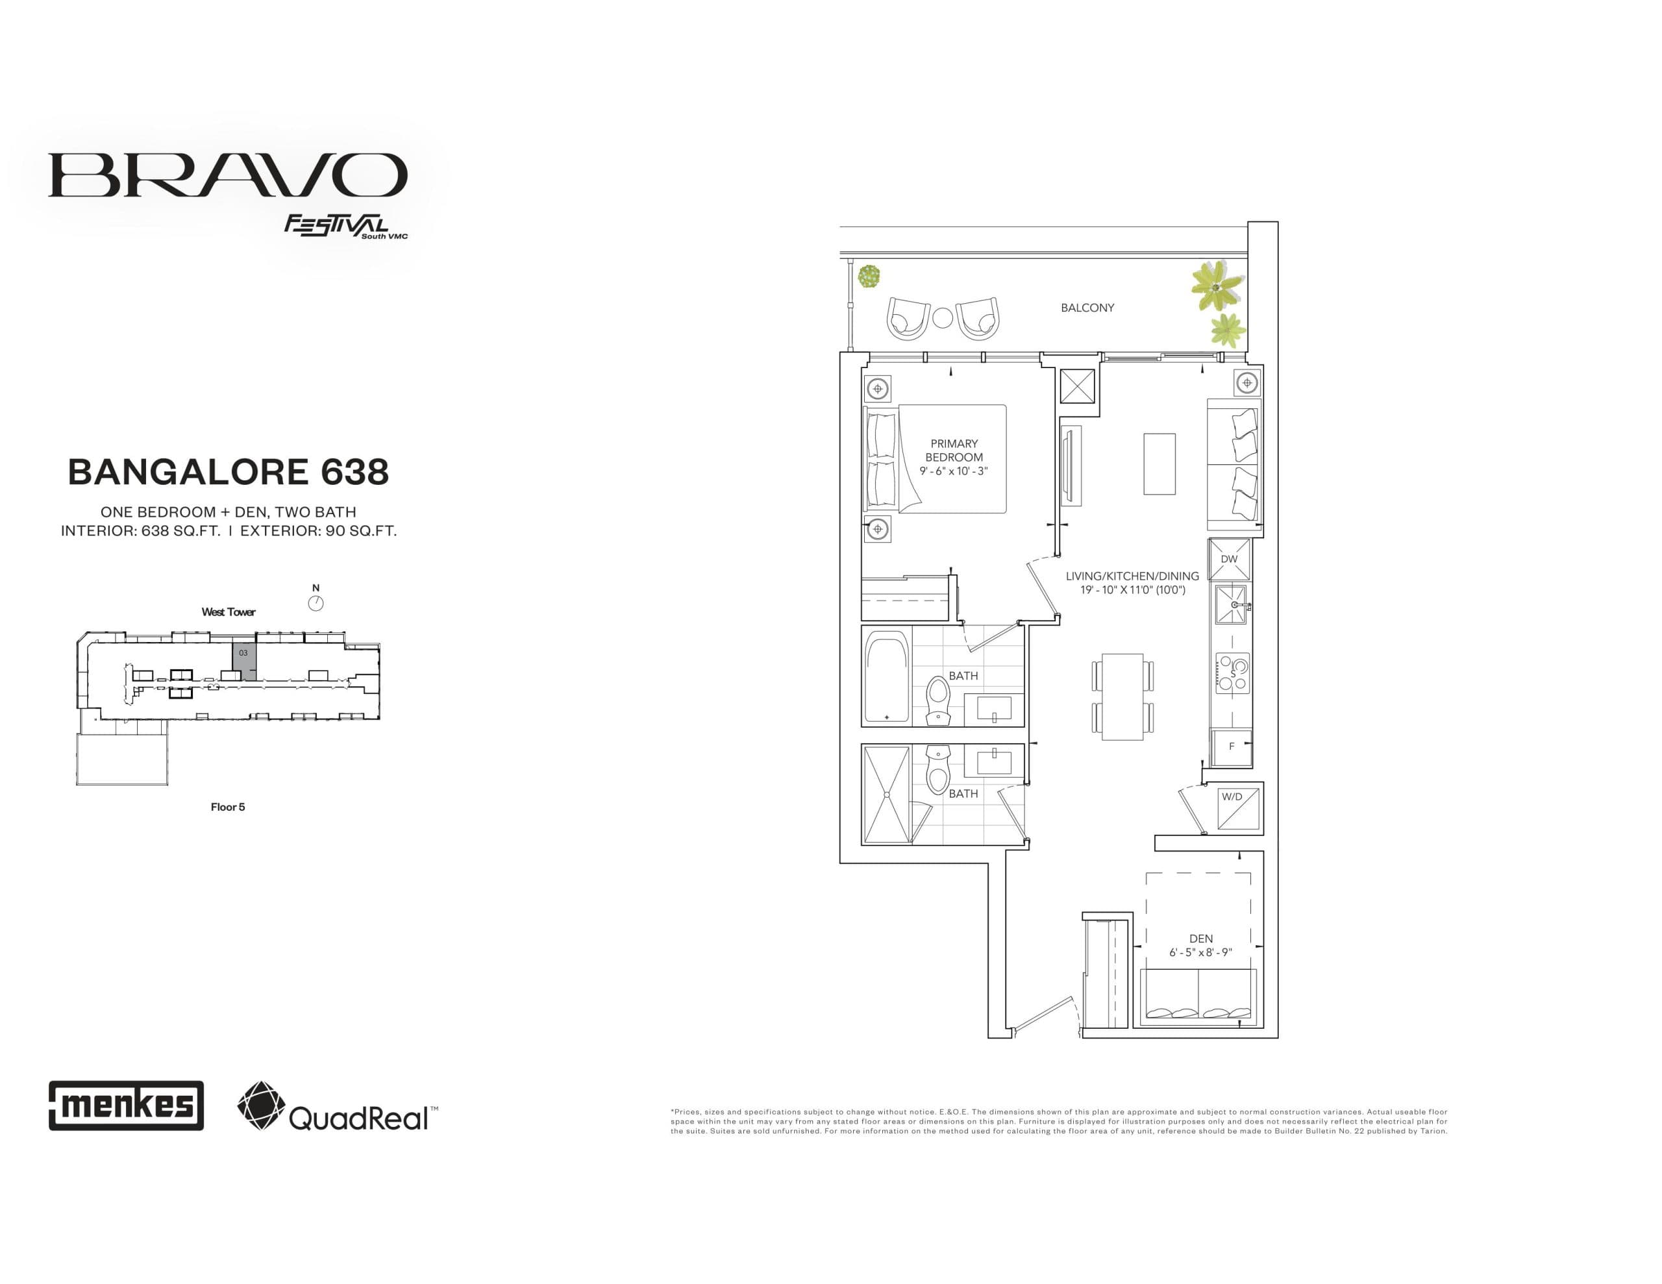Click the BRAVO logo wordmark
(x=227, y=175)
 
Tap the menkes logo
(x=127, y=1105)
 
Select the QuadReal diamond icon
(x=261, y=1105)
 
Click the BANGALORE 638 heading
(x=229, y=473)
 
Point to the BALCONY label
(x=1087, y=308)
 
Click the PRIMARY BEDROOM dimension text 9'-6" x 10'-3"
(x=954, y=471)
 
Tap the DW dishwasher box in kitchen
(x=1229, y=559)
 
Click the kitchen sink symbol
(x=1230, y=604)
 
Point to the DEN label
(x=1201, y=939)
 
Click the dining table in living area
(x=1122, y=697)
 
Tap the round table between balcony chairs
(x=942, y=317)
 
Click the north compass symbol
(x=316, y=604)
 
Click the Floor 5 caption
(x=227, y=807)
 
